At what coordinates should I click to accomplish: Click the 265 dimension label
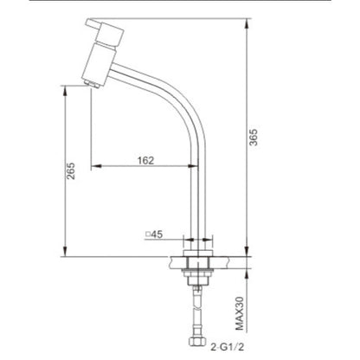tap(71, 171)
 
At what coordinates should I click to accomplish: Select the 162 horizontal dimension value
tap(145, 160)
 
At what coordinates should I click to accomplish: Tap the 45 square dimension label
tap(157, 235)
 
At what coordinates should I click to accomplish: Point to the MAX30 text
tap(240, 313)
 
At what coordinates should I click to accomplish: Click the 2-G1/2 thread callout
tap(227, 347)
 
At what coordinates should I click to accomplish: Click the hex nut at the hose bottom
tap(197, 342)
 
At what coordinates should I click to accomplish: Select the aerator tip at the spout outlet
tap(92, 84)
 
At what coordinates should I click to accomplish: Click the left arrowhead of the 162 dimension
tap(96, 166)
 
